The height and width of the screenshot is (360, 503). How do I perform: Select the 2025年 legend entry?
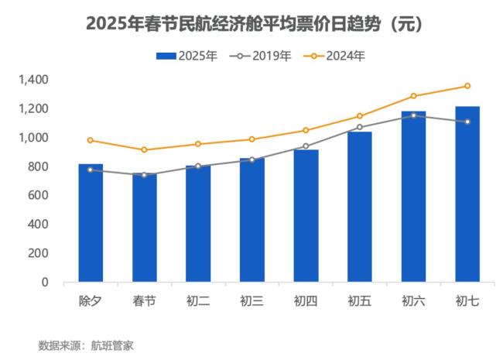tap(186, 56)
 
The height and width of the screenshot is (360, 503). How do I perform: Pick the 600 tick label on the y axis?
tap(38, 195)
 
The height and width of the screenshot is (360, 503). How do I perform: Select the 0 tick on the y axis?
tap(45, 282)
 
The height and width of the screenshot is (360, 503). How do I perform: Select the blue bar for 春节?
tap(144, 228)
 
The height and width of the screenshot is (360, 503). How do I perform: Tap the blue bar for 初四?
tap(306, 216)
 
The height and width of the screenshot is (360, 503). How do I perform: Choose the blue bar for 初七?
tap(467, 194)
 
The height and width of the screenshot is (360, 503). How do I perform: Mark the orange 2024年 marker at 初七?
tap(467, 86)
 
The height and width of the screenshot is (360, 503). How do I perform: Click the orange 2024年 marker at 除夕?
tap(91, 140)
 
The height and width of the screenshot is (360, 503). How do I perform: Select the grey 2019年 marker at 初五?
tap(360, 127)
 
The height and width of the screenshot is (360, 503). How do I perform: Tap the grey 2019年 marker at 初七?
tap(467, 122)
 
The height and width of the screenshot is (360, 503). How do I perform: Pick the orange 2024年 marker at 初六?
tap(413, 96)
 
